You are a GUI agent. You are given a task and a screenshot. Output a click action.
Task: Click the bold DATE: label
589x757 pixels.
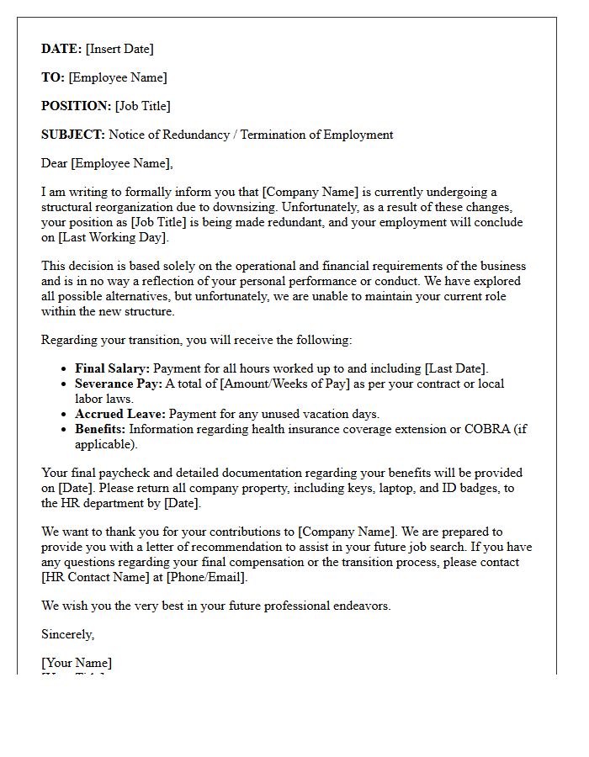[x=61, y=49]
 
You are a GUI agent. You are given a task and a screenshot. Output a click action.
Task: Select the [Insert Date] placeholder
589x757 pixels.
[x=119, y=49]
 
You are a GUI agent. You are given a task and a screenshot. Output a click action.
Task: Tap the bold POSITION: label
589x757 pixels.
[x=77, y=106]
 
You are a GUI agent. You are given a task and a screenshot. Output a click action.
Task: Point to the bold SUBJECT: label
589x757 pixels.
[x=73, y=135]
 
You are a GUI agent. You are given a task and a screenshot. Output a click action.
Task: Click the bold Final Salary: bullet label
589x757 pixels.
[x=112, y=368]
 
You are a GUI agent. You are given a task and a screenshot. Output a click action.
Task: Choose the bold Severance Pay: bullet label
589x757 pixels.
[x=119, y=384]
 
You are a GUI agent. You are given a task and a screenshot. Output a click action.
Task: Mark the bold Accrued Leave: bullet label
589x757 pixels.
[x=120, y=414]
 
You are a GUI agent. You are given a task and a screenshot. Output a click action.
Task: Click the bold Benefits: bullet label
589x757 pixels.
[x=100, y=429]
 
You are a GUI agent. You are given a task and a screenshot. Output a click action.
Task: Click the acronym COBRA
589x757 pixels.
[x=487, y=429]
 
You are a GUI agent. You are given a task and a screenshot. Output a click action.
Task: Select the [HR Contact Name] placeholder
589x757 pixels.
[x=91, y=577]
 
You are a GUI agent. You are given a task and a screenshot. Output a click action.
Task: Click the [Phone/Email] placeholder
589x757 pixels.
[x=208, y=577]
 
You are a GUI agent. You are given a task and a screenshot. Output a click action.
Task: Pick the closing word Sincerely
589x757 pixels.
[x=67, y=634]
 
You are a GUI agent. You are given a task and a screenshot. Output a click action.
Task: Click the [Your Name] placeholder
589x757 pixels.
[x=77, y=663]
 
